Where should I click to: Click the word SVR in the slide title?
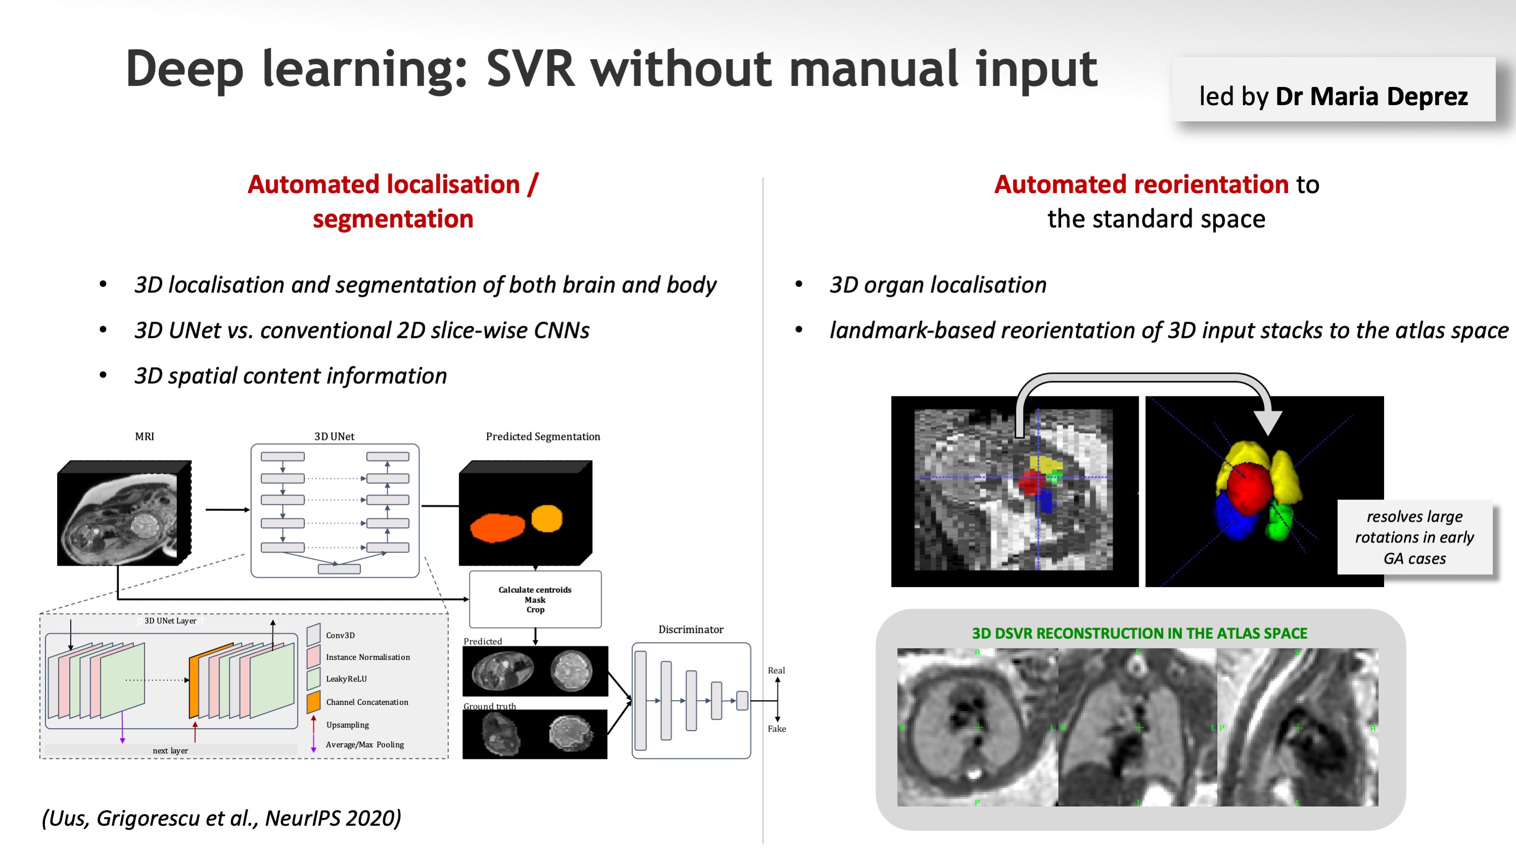click(x=530, y=69)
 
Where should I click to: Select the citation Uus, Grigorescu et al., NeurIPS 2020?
click(x=221, y=818)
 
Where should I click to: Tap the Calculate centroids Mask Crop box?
click(x=535, y=599)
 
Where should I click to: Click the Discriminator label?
click(x=691, y=630)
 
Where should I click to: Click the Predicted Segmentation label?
click(x=542, y=436)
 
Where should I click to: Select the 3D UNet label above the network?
click(x=334, y=436)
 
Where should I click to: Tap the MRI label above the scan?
click(x=144, y=436)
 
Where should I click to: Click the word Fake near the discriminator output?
click(x=776, y=729)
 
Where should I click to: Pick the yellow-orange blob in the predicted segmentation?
click(x=547, y=518)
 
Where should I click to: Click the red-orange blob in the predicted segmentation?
click(x=497, y=527)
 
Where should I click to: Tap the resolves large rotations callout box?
click(x=1414, y=537)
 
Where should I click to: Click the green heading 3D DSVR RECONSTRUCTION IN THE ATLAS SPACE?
click(x=1139, y=634)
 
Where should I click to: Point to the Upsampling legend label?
click(x=347, y=725)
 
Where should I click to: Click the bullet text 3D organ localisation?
click(x=938, y=285)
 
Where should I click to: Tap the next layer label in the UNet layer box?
click(x=170, y=750)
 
